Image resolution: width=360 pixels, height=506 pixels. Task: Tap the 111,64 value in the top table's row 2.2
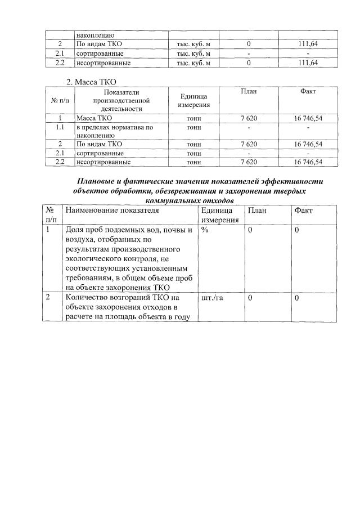click(307, 63)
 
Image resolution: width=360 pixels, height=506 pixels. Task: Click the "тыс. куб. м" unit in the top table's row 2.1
click(193, 53)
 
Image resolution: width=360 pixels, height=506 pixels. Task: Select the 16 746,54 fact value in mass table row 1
click(308, 119)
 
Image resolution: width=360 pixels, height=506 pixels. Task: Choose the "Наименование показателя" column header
click(112, 210)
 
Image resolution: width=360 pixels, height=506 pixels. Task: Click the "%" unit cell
click(205, 230)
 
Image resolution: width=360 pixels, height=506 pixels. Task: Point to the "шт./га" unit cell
click(212, 297)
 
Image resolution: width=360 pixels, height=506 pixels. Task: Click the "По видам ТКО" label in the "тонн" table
click(99, 144)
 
